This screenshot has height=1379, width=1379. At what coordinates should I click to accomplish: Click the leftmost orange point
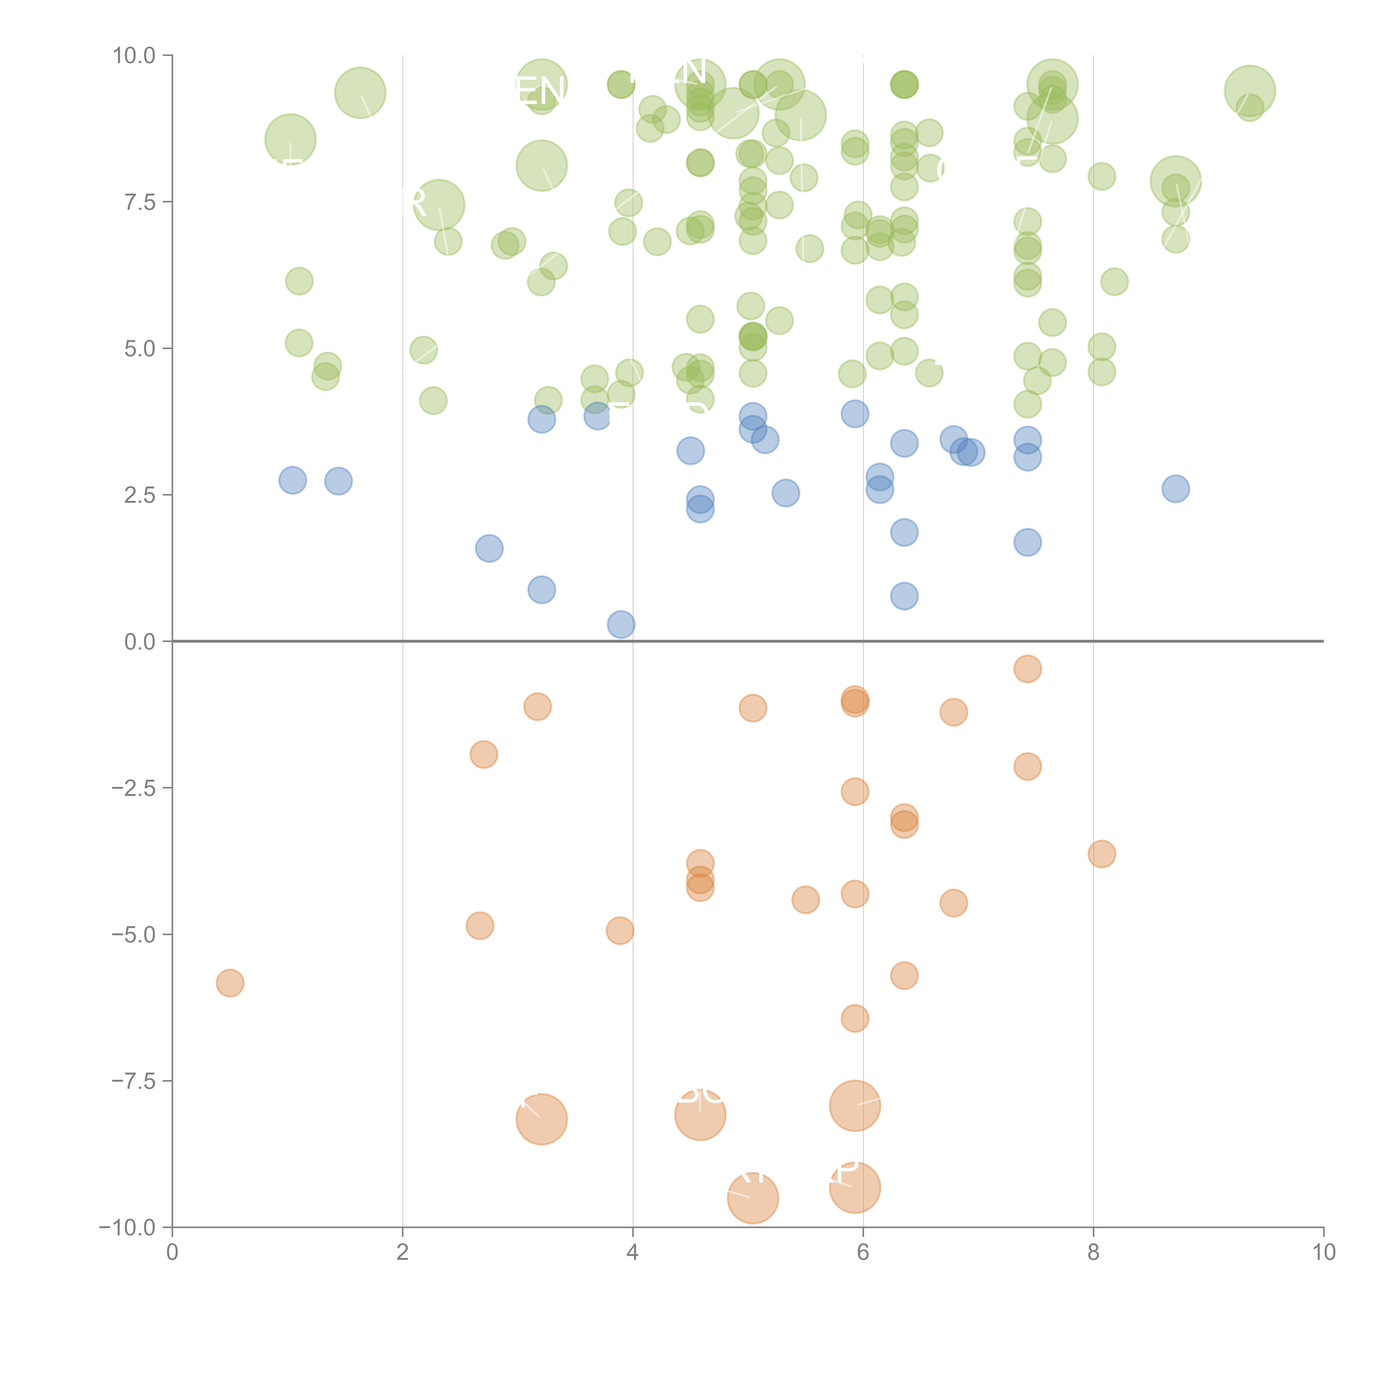(x=230, y=983)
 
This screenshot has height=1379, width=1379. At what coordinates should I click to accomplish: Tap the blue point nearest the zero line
(x=621, y=624)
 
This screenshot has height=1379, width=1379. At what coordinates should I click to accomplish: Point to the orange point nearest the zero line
(x=1027, y=669)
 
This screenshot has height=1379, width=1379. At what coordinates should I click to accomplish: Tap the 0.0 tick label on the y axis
(x=140, y=642)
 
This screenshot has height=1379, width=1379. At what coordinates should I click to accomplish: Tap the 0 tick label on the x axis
(x=172, y=1253)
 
